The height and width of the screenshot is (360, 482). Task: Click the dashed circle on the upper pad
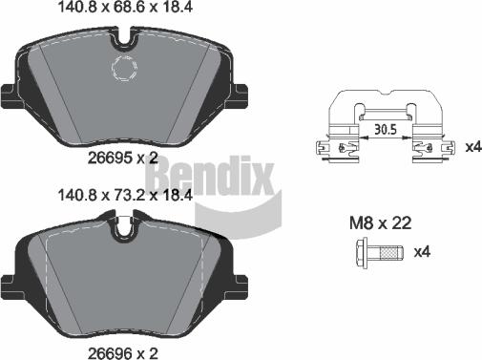(125, 68)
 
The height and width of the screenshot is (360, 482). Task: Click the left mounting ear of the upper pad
(10, 96)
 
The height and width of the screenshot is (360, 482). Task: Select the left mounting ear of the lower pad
(10, 283)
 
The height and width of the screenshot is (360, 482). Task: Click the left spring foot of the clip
(325, 148)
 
